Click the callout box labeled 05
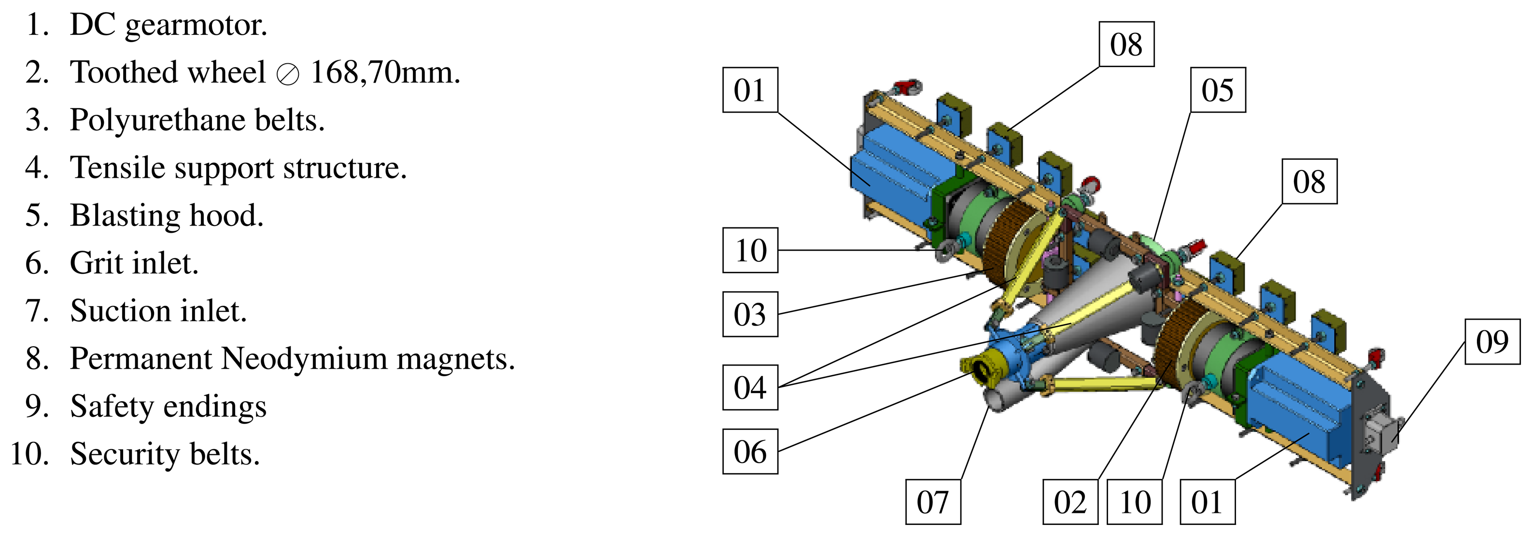tap(1218, 90)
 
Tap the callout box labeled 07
tap(932, 502)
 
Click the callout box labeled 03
tap(750, 314)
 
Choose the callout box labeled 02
tap(1070, 502)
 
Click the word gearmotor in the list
tap(196, 25)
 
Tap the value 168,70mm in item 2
tap(385, 72)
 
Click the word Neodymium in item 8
tap(303, 358)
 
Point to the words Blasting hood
tap(166, 215)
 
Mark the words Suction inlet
tap(158, 311)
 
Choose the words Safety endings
tap(168, 406)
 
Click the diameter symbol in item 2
tap(288, 75)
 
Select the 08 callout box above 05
tap(1126, 44)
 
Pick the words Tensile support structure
tap(238, 168)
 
